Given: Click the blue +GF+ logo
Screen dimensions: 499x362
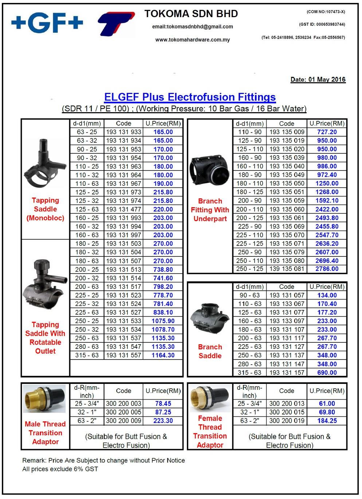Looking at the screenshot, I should point(47,23).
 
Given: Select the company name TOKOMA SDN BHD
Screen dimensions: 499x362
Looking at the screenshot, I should point(191,14).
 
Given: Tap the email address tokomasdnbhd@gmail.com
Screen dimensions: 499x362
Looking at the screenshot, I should point(193,27).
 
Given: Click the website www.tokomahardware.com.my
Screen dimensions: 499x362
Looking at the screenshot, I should point(193,40).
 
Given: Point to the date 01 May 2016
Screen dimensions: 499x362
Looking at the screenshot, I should point(318,79).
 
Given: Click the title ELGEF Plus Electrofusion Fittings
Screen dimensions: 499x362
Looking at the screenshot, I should point(190,97).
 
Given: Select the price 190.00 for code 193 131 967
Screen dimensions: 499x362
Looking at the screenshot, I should point(163,184).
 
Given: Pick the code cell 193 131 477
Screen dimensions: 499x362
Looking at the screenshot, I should point(123,209).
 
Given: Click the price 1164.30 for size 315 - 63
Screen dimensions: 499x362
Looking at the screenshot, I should point(163,355).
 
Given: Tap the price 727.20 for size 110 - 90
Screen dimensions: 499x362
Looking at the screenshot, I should point(327,132).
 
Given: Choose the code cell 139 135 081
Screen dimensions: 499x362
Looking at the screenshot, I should point(287,269).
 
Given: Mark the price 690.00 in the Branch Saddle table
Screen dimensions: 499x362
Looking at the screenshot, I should point(327,373).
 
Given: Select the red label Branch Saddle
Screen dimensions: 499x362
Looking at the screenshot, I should point(210,351).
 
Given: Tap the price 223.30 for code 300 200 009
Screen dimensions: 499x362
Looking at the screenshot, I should point(163,421).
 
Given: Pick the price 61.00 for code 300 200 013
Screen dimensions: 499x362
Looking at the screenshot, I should point(327,404).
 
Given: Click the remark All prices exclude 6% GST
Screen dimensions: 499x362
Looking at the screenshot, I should point(60,469).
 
